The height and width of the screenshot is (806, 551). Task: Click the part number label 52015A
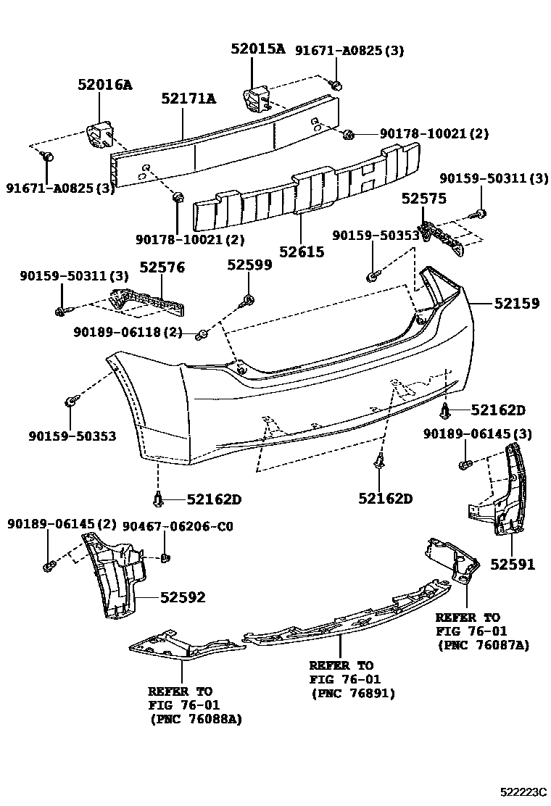point(257,49)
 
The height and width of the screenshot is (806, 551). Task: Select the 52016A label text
point(105,85)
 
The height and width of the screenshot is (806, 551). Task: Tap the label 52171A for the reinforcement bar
point(188,98)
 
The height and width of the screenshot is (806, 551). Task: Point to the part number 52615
point(302,252)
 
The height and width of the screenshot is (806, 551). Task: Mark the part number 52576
point(162,267)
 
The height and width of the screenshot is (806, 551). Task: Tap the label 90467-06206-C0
point(178,525)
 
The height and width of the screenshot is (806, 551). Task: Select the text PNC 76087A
point(483,644)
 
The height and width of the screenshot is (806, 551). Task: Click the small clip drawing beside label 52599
point(249,299)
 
